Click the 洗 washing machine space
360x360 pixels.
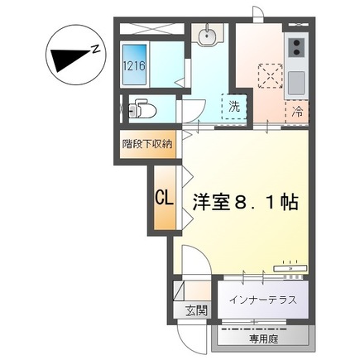coord(234,107)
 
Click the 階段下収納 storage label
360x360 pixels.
coord(147,142)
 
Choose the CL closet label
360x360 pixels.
coord(164,199)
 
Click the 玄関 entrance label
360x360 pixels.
coord(196,311)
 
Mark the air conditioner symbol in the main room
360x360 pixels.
coord(290,266)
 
